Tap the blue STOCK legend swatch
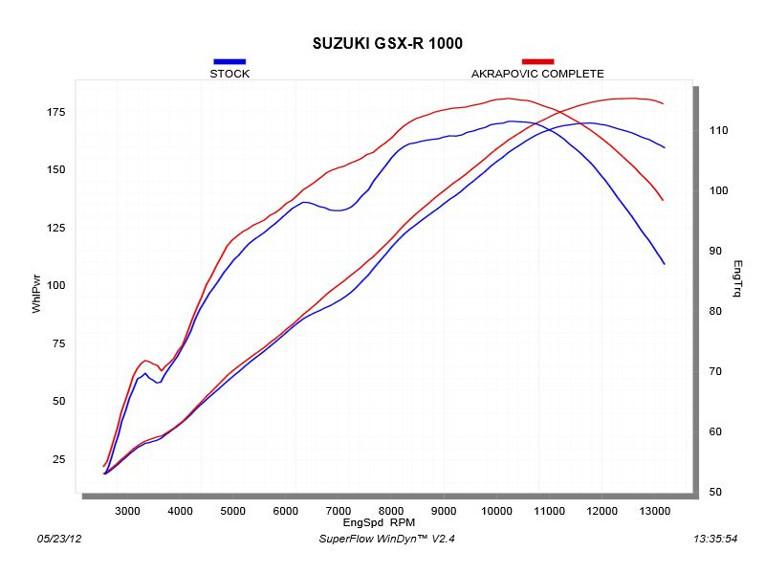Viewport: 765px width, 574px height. [x=229, y=61]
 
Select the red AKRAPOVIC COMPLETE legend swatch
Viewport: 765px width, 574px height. [x=537, y=61]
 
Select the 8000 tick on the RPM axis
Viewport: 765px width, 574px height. [x=390, y=512]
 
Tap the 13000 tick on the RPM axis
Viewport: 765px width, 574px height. [x=653, y=512]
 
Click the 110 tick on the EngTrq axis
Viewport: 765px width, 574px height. [x=717, y=130]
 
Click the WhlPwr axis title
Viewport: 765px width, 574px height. [x=36, y=294]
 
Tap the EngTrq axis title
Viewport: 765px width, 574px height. [x=737, y=278]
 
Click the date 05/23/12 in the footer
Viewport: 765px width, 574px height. [x=58, y=540]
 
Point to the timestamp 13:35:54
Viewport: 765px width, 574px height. [x=713, y=540]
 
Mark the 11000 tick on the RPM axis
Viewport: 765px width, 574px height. [x=548, y=512]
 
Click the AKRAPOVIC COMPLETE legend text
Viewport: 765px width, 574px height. [x=537, y=74]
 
